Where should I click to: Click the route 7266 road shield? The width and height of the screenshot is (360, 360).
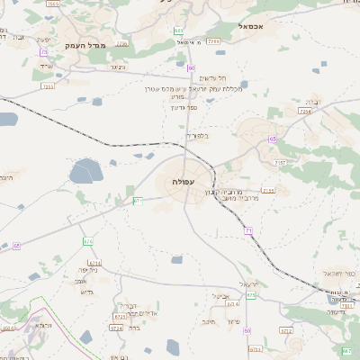coord(213,41)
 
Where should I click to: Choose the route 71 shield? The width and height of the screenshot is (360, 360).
coord(247,231)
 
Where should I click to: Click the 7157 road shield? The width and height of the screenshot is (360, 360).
coord(282,162)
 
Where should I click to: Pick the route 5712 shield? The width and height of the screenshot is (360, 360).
coord(287,330)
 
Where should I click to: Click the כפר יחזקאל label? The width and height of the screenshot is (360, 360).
coord(332,272)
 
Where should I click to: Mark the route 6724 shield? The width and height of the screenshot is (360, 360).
coord(116,328)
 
